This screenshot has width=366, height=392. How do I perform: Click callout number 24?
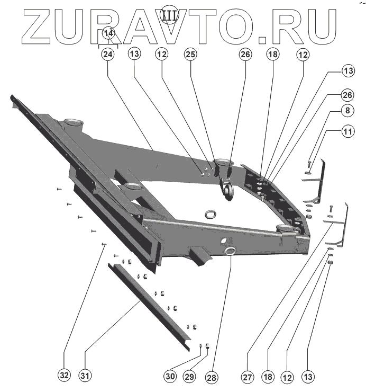pyautogui.click(x=108, y=54)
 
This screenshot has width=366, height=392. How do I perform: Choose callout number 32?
pyautogui.click(x=64, y=376)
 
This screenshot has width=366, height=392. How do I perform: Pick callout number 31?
pyautogui.click(x=85, y=376)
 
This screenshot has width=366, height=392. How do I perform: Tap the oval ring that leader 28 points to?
pyautogui.click(x=231, y=251)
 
